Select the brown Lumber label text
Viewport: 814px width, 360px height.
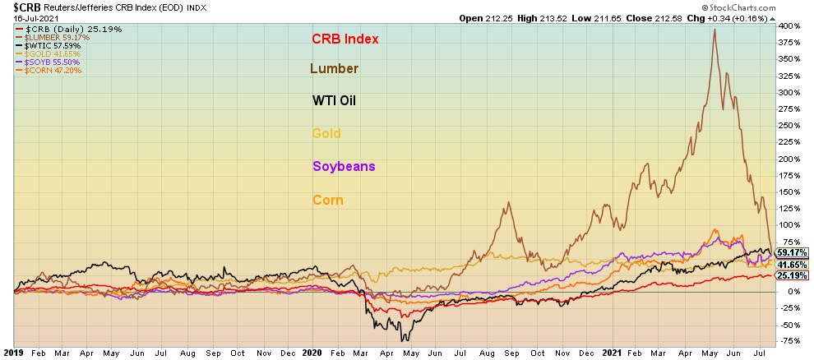click(x=334, y=68)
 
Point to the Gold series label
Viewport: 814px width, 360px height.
click(x=326, y=133)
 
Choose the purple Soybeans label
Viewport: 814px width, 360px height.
click(x=344, y=166)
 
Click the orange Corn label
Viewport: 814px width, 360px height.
click(x=328, y=200)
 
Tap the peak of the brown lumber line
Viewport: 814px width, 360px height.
click(x=714, y=30)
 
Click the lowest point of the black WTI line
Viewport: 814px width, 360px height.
click(x=402, y=340)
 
